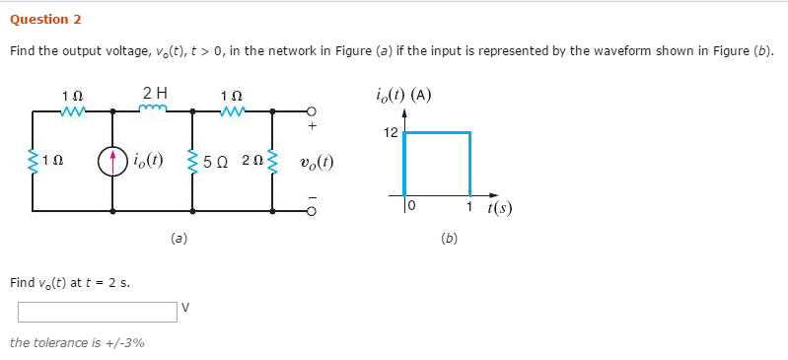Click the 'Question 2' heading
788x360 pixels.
point(45,20)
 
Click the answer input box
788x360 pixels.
point(97,312)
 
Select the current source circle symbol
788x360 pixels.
point(111,160)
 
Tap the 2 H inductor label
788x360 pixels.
point(155,93)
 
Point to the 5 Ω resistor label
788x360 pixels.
point(215,160)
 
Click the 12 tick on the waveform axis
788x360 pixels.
point(391,132)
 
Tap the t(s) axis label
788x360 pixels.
point(498,208)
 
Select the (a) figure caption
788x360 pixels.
point(179,238)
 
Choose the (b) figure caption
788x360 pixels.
point(449,238)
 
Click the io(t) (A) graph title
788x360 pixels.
point(402,96)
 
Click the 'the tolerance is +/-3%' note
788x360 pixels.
point(77,343)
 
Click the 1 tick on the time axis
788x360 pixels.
point(470,205)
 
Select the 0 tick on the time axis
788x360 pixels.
point(412,205)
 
